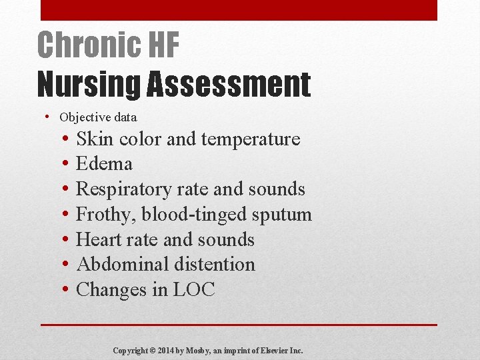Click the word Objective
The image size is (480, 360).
[x=86, y=117]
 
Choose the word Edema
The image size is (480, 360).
[x=105, y=164]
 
